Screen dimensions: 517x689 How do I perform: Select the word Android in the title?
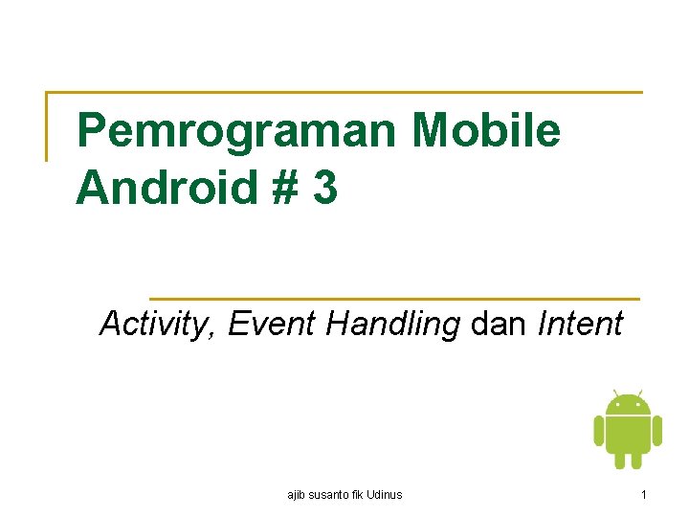click(165, 187)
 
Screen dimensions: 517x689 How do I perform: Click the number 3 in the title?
click(324, 187)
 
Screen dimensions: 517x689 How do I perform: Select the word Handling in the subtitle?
click(393, 325)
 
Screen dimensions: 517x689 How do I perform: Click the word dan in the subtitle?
click(499, 325)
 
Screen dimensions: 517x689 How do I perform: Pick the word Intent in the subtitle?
click(580, 325)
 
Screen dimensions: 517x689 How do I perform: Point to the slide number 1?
click(644, 495)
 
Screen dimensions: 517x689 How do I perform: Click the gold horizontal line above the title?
click(344, 93)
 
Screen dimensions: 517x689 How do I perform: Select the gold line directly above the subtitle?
click(394, 299)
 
